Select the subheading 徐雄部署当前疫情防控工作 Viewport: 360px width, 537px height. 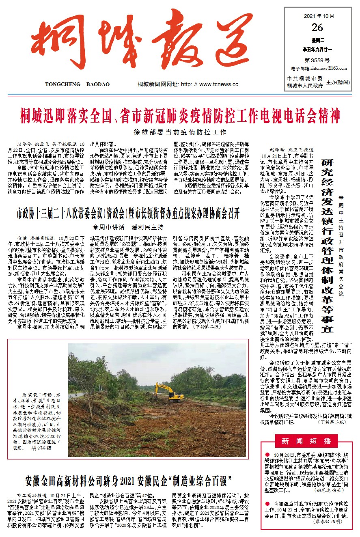(x=180, y=132)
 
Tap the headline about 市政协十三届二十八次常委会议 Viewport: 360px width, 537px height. (x=128, y=212)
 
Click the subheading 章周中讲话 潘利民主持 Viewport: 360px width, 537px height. (x=128, y=226)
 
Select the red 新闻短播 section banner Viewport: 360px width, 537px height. (x=306, y=441)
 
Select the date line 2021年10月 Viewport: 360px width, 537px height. (x=319, y=17)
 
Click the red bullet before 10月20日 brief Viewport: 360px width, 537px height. (x=267, y=455)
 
